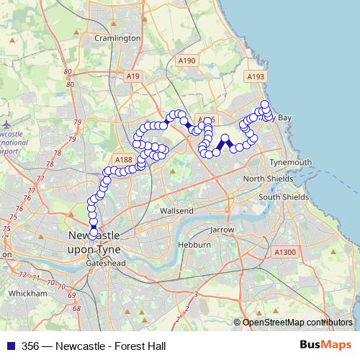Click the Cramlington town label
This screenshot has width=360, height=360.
[117, 37]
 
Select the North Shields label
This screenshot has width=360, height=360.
[268, 179]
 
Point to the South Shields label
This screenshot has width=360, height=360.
[284, 197]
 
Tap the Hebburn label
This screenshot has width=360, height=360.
[195, 245]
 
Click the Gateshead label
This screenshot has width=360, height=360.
[106, 264]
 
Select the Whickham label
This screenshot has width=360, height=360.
[27, 293]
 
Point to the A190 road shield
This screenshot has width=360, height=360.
[186, 61]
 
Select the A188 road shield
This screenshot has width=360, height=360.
[123, 160]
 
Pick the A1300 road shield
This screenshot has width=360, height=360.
[285, 251]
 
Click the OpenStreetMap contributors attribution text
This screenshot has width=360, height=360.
[297, 322]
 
